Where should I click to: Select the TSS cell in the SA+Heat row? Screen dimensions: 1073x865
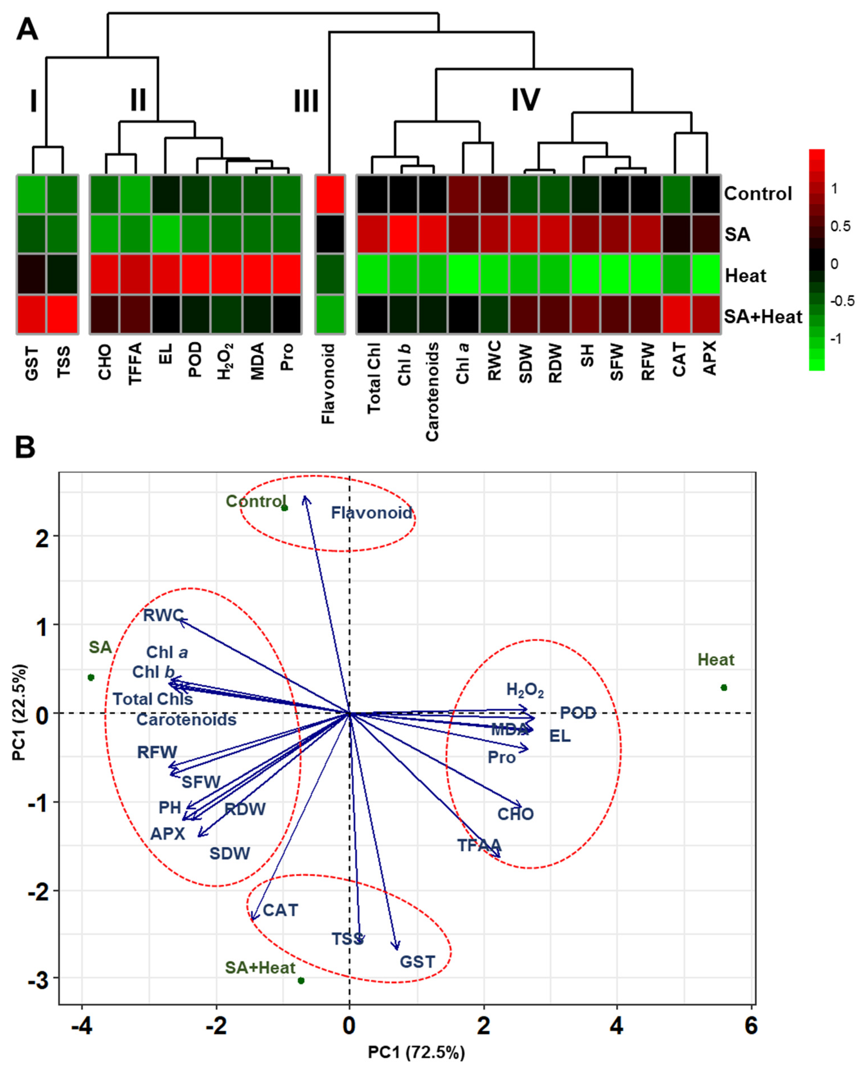(62, 314)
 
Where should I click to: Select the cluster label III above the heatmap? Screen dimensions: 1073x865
(305, 101)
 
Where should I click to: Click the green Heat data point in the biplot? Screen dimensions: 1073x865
(723, 688)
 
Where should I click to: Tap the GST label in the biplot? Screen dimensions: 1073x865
(417, 962)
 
